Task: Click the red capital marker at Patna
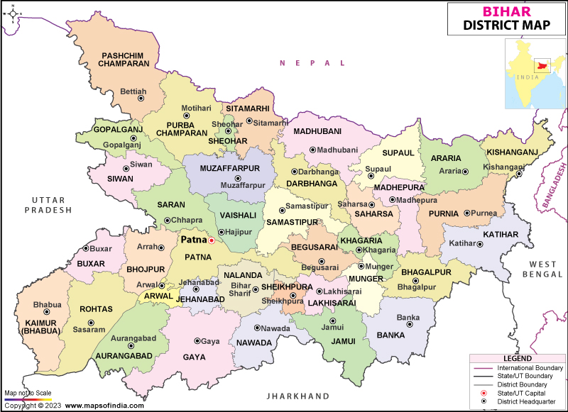(211, 240)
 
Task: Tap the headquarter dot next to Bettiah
(140, 99)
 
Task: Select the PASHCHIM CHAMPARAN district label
(126, 59)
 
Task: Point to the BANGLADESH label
(552, 186)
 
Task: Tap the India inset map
(535, 74)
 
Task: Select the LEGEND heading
(517, 358)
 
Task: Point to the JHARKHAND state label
(297, 396)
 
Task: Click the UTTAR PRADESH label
(48, 205)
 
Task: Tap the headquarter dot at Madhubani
(312, 150)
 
